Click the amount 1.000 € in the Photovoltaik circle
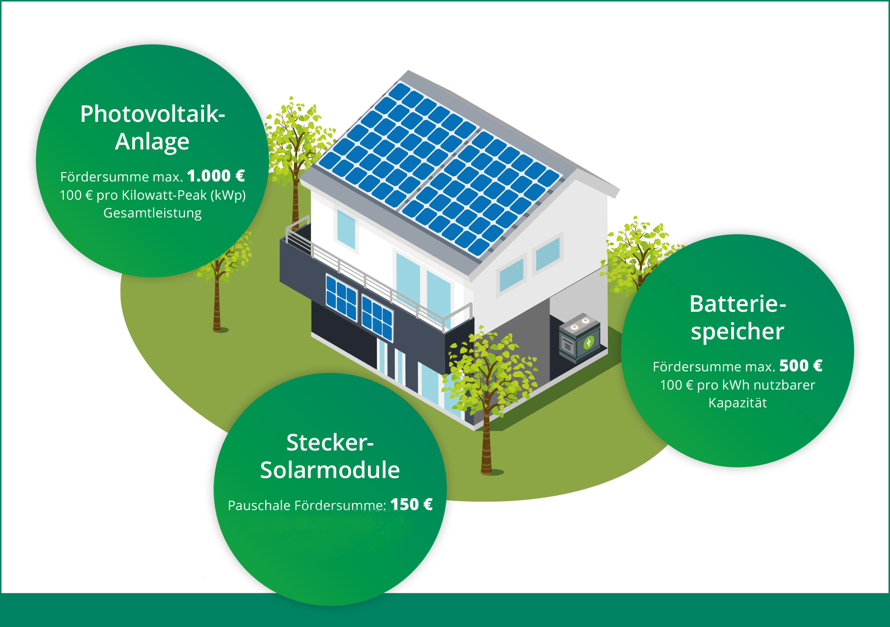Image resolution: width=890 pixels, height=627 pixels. tap(216, 176)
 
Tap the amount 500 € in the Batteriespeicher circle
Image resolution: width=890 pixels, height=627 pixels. tap(801, 366)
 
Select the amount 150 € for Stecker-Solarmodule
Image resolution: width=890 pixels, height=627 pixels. tap(411, 505)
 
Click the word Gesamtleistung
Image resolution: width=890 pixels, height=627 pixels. tap(153, 213)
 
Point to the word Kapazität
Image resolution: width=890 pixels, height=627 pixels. tap(737, 403)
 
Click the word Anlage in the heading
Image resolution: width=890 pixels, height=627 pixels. tap(152, 142)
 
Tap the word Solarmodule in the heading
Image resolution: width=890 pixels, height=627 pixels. tap(330, 470)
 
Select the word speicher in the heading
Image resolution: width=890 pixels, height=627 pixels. tap(737, 332)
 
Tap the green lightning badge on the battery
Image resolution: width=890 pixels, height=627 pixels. tap(589, 342)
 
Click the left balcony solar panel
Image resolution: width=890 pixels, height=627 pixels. tap(341, 297)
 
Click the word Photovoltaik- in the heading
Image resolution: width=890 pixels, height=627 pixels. tap(152, 114)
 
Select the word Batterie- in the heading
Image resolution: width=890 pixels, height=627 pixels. tap(737, 304)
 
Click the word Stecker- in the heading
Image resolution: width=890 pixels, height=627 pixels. tap(330, 442)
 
